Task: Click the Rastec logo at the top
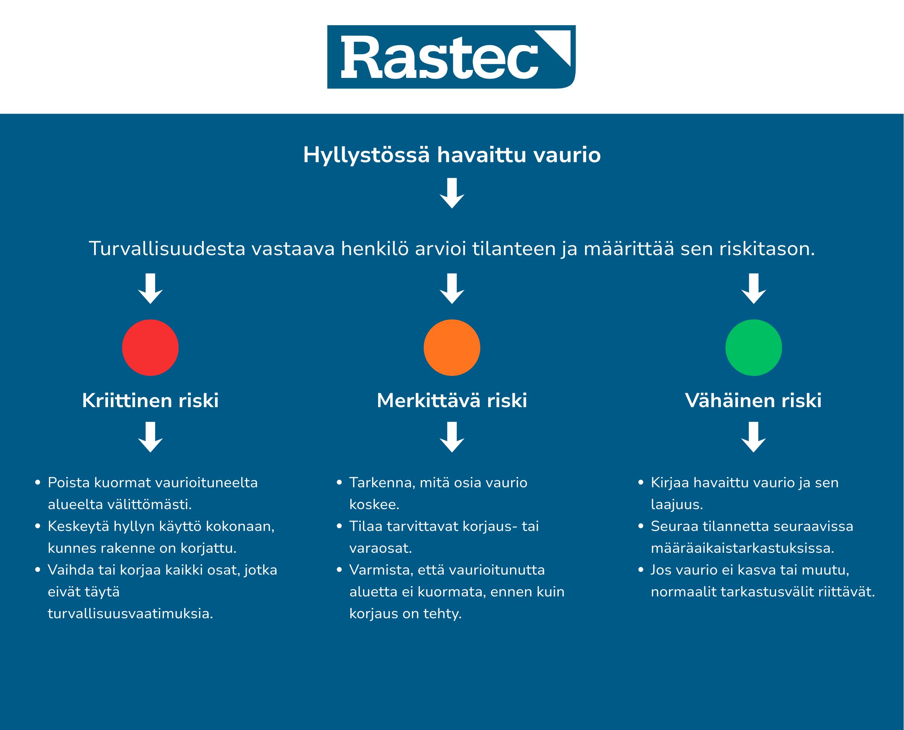pos(451,57)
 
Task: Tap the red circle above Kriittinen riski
pos(150,347)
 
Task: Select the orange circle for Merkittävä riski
pos(452,347)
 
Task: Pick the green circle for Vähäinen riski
pos(753,347)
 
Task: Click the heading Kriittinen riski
pos(150,400)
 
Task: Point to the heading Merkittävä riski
pos(452,400)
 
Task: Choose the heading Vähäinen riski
pos(753,400)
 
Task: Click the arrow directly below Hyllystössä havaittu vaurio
pos(452,193)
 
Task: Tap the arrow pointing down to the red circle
pos(150,289)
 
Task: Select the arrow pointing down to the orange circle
pos(452,289)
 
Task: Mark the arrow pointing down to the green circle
pos(753,289)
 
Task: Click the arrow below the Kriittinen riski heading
pos(150,437)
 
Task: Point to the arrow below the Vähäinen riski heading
pos(753,437)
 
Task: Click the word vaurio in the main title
pos(567,155)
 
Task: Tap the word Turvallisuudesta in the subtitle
pos(167,249)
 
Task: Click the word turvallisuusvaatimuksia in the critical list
pos(130,613)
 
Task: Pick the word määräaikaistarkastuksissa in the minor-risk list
pos(742,548)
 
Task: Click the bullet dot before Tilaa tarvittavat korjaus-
pos(340,526)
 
